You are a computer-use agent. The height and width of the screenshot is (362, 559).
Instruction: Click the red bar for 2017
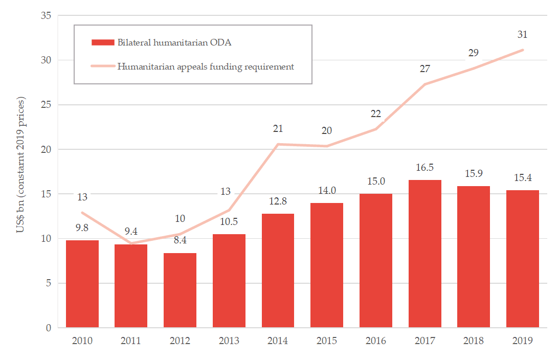tap(424, 254)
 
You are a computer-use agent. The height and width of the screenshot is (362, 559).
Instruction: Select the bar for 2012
tap(180, 290)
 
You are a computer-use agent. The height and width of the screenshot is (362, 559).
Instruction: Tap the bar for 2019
tap(522, 259)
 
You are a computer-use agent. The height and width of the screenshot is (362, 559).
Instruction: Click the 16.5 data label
tap(424, 168)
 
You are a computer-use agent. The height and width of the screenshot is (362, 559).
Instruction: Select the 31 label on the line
tap(522, 35)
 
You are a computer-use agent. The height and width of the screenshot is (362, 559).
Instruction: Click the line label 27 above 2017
tap(424, 69)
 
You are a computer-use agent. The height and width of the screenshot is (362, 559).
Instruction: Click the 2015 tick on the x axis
tap(326, 341)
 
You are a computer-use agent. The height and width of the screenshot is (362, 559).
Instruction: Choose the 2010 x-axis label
tap(82, 341)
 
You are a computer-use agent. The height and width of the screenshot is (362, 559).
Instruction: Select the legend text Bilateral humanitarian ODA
tap(174, 42)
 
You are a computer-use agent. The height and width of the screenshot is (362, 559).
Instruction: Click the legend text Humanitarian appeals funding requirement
tap(206, 66)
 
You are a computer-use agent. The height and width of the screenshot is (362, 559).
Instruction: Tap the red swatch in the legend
tap(102, 42)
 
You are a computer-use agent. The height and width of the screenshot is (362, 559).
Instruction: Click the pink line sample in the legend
tap(102, 66)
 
